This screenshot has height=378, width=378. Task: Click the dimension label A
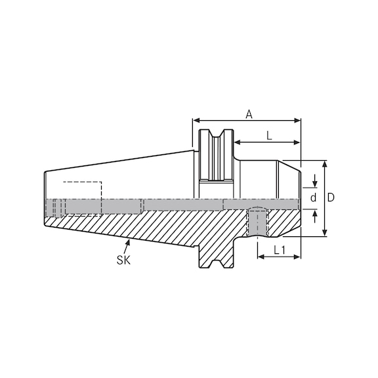(x=249, y=114)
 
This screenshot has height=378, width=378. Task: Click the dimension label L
(x=269, y=135)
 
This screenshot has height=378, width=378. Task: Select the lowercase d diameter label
(x=314, y=198)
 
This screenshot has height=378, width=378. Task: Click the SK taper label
(x=123, y=260)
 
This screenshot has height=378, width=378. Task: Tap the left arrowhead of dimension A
(x=195, y=121)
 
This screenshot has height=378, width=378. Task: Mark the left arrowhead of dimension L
(x=236, y=142)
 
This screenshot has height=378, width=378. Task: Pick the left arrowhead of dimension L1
(x=260, y=257)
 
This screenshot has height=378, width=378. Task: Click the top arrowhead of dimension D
(x=324, y=163)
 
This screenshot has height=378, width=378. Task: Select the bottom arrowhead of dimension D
(x=324, y=234)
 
